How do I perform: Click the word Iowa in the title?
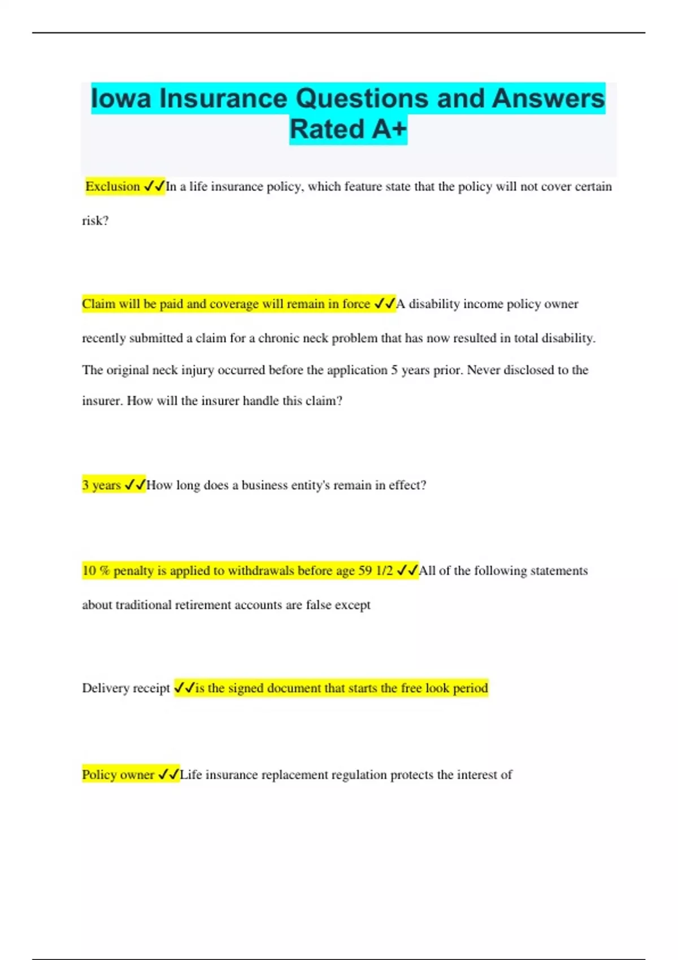pos(121,98)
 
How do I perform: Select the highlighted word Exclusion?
pos(112,186)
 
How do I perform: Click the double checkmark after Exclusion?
pos(154,186)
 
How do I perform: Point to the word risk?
pos(95,221)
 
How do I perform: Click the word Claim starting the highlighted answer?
pos(98,304)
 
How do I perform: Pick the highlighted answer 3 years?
pos(102,485)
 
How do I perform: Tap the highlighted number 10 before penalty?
pos(89,571)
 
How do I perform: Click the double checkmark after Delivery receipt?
pos(184,688)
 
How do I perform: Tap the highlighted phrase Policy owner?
pos(118,775)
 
